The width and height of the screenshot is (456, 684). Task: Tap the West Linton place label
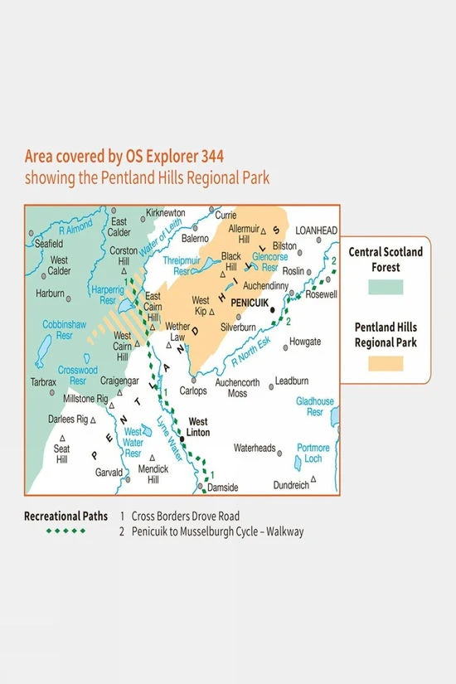coord(198,427)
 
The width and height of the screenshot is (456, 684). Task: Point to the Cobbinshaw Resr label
coord(60,331)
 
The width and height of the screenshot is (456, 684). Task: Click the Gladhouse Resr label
coord(315,406)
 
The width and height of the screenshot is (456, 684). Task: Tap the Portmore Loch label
coord(313,453)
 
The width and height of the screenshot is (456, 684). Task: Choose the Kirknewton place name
coord(165,213)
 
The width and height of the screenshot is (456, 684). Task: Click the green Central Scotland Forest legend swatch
coord(386,287)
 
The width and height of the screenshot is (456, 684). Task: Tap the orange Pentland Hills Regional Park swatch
coord(386,363)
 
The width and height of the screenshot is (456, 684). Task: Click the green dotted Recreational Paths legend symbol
coord(65,531)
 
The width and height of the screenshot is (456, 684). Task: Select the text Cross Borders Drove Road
coord(186,516)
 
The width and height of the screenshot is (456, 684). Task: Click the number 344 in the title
coord(208,156)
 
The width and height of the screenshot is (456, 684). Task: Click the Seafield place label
coord(48,244)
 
